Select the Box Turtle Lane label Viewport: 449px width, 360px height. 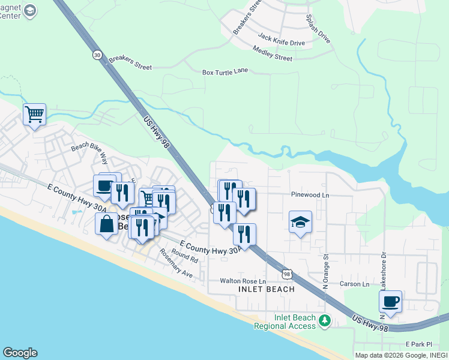[x=224, y=71]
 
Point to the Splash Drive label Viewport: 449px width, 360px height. [x=318, y=29]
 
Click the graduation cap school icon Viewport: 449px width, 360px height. [x=300, y=221]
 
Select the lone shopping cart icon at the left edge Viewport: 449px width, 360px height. [x=34, y=113]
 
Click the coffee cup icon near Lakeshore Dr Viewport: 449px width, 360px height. [x=390, y=301]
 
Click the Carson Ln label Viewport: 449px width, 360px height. [x=354, y=284]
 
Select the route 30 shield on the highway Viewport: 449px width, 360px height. [x=97, y=55]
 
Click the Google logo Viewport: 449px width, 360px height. [x=20, y=353]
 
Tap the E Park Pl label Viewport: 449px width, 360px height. [x=418, y=344]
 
